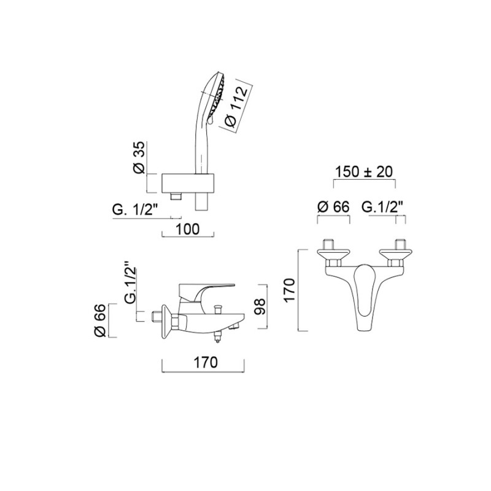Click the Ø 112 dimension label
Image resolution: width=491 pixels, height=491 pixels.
(x=237, y=106)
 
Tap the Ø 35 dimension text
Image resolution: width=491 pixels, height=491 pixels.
(x=139, y=157)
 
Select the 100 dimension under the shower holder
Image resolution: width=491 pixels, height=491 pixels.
(x=188, y=229)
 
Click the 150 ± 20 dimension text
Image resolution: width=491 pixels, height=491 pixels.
(x=364, y=172)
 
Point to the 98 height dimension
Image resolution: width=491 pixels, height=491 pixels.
(x=259, y=306)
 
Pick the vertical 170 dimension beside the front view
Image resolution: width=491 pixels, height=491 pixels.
(x=289, y=290)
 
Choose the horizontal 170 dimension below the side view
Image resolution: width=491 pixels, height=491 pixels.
(x=206, y=362)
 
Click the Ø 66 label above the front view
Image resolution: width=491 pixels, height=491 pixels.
(x=333, y=207)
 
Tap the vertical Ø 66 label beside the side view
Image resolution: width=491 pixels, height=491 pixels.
(x=100, y=320)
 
